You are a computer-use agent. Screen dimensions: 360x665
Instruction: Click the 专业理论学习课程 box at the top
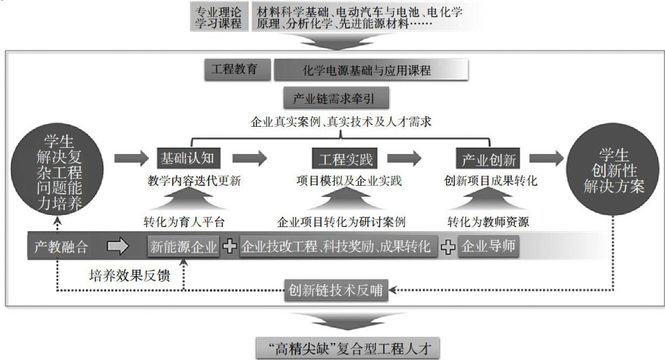(x=218, y=18)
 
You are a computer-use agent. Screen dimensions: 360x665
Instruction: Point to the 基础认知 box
(x=187, y=159)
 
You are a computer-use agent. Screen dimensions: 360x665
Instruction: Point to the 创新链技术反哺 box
(x=335, y=291)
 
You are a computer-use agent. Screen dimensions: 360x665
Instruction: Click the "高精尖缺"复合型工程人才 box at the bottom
(x=348, y=348)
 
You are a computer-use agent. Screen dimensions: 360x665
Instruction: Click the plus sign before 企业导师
(x=447, y=247)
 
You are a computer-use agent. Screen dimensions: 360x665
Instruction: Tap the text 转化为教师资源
(x=488, y=222)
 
